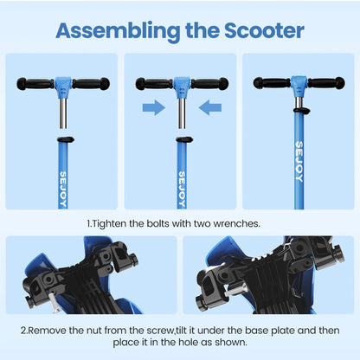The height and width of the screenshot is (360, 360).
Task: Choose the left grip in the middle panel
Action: tap(152, 85)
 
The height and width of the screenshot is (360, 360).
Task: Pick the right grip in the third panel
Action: tap(327, 83)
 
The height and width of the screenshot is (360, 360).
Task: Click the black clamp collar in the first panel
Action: tap(63, 137)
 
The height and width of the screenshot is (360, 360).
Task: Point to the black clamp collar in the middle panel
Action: tap(180, 138)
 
